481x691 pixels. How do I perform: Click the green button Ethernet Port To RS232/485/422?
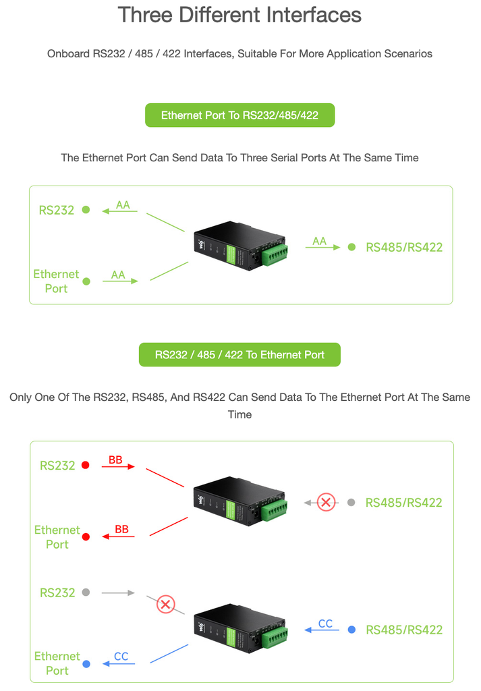click(x=239, y=115)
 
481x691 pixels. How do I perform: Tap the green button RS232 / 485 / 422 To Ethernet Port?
click(x=239, y=355)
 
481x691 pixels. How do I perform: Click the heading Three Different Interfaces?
click(x=239, y=15)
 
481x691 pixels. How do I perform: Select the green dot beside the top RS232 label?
click(x=86, y=210)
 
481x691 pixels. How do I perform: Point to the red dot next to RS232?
click(x=86, y=466)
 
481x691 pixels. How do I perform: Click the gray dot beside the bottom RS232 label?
click(x=86, y=592)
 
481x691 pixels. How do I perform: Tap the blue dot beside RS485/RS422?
click(x=351, y=630)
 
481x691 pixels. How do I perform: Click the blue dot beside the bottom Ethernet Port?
click(x=86, y=664)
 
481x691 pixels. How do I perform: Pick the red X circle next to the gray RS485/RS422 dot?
click(x=327, y=502)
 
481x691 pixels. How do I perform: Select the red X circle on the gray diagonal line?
click(x=165, y=604)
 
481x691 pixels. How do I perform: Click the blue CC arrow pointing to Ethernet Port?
click(x=119, y=664)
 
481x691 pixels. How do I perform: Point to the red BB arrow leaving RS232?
click(x=118, y=466)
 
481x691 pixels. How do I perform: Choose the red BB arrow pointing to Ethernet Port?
click(x=119, y=536)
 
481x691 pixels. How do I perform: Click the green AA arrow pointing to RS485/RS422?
click(x=322, y=247)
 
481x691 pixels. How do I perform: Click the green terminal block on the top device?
click(x=275, y=255)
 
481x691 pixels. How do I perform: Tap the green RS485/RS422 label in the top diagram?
click(x=404, y=247)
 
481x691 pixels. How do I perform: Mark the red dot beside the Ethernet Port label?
click(x=86, y=536)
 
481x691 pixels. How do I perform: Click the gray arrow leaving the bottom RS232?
click(x=118, y=593)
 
